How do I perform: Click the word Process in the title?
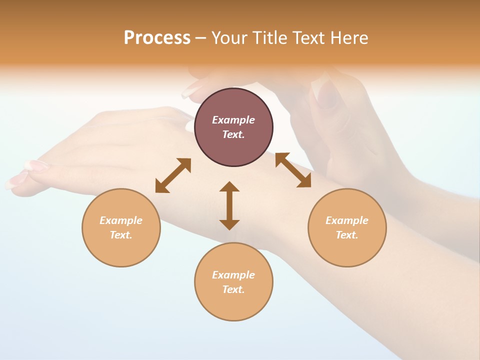(157, 38)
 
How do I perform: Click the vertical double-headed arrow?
(229, 205)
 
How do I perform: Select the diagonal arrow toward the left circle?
(173, 175)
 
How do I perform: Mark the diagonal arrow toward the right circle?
(293, 170)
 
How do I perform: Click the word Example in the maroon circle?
(233, 120)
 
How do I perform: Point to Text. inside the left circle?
(121, 235)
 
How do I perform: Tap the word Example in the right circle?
(347, 220)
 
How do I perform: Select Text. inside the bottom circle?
(233, 289)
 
